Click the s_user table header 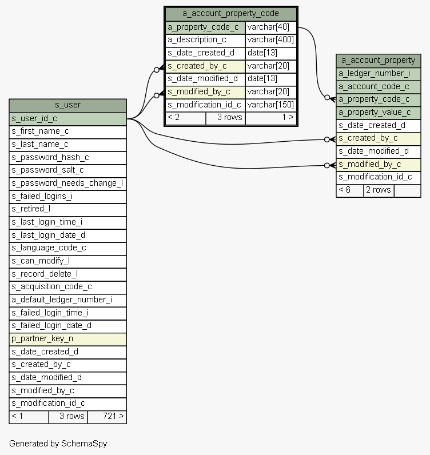[67, 105]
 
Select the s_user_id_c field [67, 119]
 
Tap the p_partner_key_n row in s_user [67, 339]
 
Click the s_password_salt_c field [67, 170]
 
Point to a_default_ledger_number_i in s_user [67, 300]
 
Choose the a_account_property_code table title [230, 14]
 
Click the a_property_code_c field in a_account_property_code [205, 27]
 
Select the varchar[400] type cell [270, 40]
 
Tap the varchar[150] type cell [270, 105]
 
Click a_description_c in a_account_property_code [205, 40]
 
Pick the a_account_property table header [378, 60]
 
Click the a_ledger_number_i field [378, 73]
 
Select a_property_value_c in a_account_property [378, 112]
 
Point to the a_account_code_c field [378, 86]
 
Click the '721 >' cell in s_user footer [106, 416]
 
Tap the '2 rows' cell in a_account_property [379, 190]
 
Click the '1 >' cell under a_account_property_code [270, 117]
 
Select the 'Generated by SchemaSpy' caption [58, 443]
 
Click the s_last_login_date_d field [67, 235]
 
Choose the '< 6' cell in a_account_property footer [349, 190]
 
